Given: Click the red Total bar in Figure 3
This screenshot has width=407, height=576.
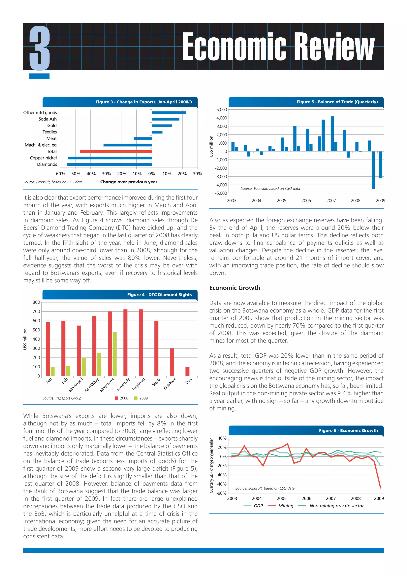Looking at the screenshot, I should (x=116, y=152).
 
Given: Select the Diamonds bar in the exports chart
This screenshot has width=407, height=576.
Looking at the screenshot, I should (x=109, y=164).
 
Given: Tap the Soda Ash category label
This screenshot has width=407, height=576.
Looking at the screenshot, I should (x=48, y=119).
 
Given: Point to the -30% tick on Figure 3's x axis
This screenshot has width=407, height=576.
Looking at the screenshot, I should (x=106, y=174).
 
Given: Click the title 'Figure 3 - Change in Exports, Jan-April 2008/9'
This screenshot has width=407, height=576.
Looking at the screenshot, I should (x=144, y=102).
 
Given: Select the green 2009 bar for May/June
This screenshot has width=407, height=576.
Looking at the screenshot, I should (x=114, y=354).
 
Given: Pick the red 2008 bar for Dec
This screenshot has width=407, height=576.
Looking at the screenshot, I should (x=187, y=371).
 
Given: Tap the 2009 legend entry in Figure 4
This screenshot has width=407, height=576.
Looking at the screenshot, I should (x=141, y=398).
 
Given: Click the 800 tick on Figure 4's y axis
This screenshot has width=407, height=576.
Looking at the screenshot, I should (x=36, y=302).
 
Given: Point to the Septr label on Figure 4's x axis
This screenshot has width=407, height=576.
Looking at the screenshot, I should (x=156, y=382).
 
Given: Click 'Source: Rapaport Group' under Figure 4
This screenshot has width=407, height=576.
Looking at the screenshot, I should (x=62, y=398).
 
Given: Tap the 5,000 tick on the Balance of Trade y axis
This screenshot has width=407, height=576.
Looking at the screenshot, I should (x=222, y=110).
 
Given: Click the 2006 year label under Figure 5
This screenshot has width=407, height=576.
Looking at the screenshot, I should (x=306, y=201).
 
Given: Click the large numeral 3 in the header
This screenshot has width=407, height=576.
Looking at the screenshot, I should (x=39, y=48).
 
